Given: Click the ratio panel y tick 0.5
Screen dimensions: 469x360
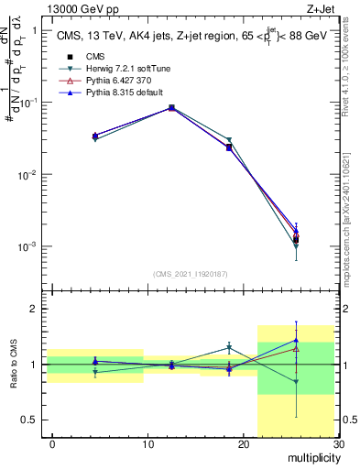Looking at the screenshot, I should click(29, 420).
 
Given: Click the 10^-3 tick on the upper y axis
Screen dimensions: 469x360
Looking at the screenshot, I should click(26, 246).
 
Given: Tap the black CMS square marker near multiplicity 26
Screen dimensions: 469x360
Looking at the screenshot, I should click(296, 240).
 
